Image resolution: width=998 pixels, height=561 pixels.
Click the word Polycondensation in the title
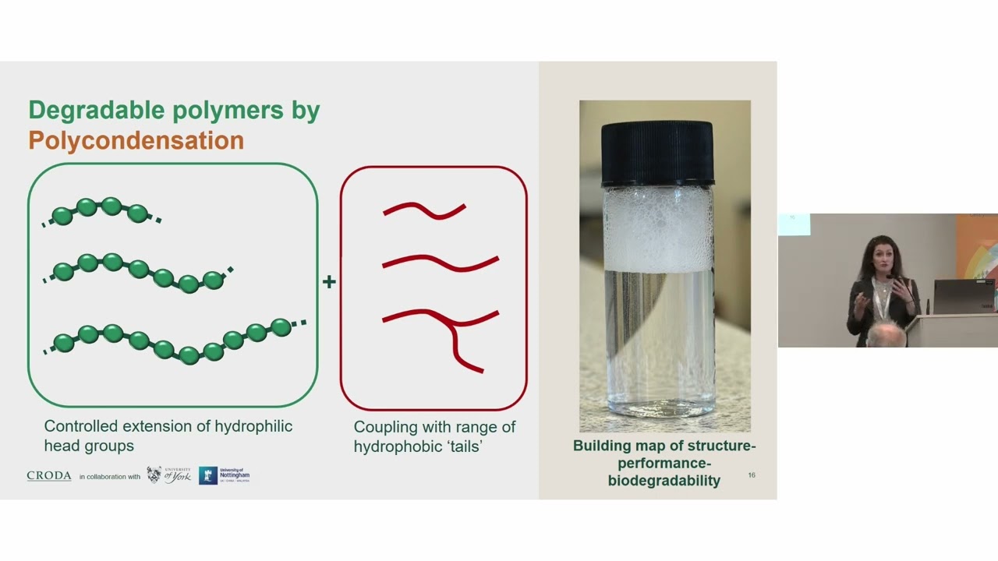136,141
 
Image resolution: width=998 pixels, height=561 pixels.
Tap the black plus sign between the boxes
329,282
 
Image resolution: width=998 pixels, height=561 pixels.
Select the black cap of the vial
656,153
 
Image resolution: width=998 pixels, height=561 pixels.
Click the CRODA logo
49,476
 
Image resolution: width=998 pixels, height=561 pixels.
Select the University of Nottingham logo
225,475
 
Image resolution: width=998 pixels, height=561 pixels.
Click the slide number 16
752,475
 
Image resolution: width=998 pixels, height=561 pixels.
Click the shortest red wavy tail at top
424,210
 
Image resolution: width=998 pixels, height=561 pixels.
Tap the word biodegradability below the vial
664,481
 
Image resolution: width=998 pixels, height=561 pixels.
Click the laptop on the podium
964,295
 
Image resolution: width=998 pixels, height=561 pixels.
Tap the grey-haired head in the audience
886,336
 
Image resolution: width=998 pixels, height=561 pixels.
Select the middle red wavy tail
441,263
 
